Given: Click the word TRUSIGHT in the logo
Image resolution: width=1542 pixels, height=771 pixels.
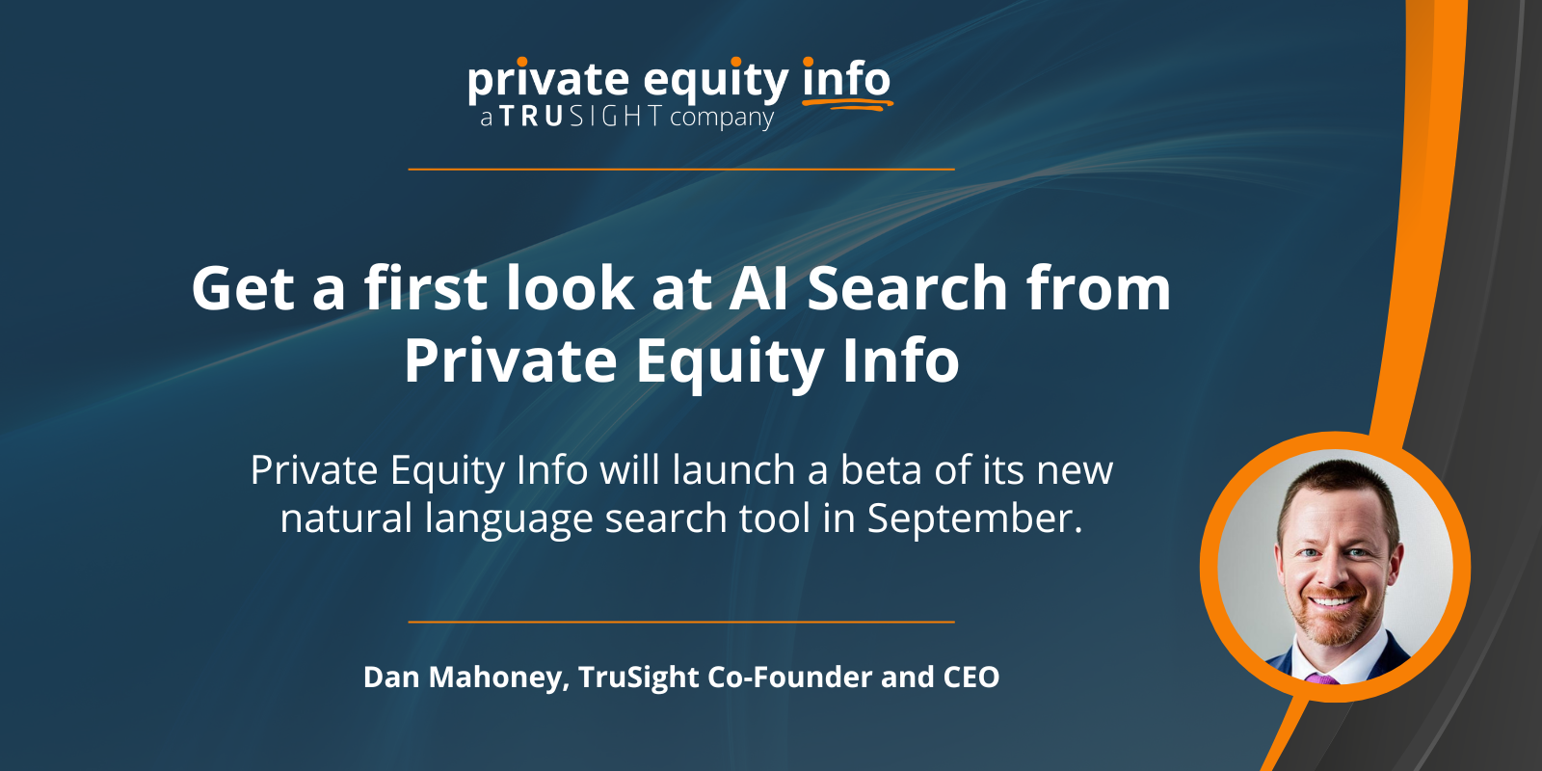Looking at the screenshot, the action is (x=581, y=117).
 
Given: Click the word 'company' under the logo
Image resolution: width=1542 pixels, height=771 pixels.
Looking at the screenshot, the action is (x=722, y=118).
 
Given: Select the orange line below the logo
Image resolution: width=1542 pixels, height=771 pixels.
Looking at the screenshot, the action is (x=681, y=169).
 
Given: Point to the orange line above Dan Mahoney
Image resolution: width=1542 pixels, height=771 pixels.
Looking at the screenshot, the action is (x=681, y=622).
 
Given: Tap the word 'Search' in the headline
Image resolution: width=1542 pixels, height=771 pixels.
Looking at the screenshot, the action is (x=907, y=288).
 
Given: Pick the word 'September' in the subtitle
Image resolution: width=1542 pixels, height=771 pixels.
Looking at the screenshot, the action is (x=974, y=519).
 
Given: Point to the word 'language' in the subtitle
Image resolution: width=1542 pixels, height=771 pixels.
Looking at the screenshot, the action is (x=509, y=520).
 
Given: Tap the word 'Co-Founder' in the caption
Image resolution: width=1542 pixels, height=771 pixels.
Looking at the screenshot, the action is (x=790, y=677).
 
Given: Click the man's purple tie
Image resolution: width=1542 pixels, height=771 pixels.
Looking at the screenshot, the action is (x=1320, y=678).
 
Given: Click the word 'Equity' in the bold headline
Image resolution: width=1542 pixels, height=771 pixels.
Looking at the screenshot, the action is (x=730, y=361).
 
